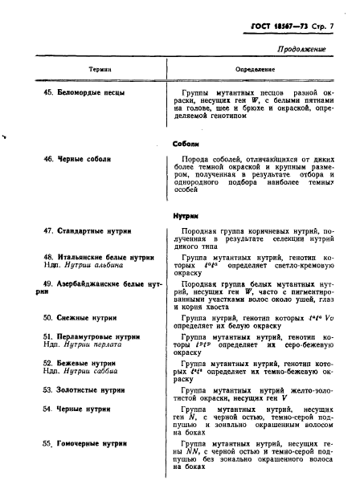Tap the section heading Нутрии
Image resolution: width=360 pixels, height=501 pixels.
(186, 216)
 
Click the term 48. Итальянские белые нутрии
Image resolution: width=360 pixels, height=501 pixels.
(100, 256)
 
